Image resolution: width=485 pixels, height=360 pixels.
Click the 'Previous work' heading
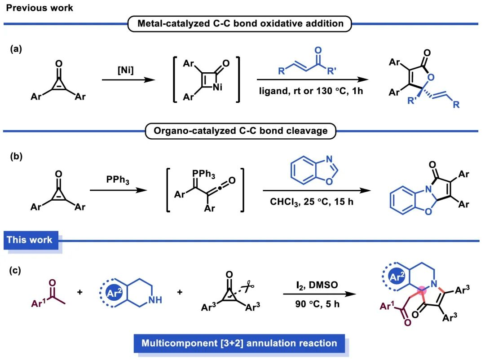(x=40, y=8)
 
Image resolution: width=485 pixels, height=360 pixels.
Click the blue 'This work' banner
(x=30, y=240)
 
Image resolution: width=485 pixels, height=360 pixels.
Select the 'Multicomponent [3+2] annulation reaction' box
(x=239, y=344)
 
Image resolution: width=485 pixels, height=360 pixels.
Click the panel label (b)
(x=18, y=158)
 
